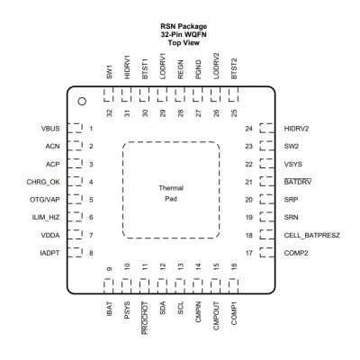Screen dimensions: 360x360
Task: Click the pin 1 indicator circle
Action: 82,102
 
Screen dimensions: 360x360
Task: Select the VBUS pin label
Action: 50,129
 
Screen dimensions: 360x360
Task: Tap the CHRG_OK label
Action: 43,182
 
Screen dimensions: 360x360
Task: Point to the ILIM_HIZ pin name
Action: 46,218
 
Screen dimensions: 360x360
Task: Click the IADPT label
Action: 49,253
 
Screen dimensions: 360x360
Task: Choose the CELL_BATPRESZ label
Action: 312,236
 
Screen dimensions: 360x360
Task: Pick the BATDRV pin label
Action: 298,182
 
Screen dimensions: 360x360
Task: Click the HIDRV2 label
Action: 296,129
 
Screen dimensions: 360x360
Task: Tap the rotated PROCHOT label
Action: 145,318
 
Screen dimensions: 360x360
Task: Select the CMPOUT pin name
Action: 216,316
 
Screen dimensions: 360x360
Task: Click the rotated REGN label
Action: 180,69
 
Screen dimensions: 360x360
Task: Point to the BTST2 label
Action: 234,68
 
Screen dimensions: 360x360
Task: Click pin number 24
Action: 249,129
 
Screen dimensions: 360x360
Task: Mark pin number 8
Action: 91,253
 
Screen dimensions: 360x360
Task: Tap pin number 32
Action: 110,113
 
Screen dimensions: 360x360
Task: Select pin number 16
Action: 234,266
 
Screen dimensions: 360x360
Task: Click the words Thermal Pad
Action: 171,193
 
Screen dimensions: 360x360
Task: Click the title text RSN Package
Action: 184,26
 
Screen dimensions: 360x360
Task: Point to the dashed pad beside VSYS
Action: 267,164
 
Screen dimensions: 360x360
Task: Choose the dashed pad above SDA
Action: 162,286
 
